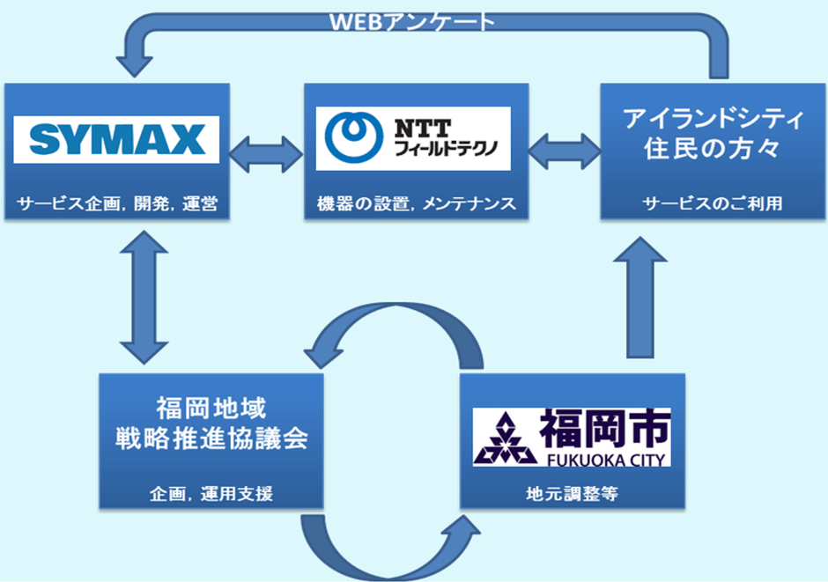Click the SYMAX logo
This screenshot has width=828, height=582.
point(115,139)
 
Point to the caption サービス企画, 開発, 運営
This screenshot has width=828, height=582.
point(116,205)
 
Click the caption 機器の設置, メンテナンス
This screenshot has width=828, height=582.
point(416,205)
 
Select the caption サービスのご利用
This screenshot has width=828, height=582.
point(713,204)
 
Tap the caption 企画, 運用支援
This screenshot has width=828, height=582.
point(211,494)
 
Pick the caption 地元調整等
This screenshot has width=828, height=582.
point(572,494)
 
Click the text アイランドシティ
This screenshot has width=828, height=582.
point(713,118)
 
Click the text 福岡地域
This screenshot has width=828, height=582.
point(211,408)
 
